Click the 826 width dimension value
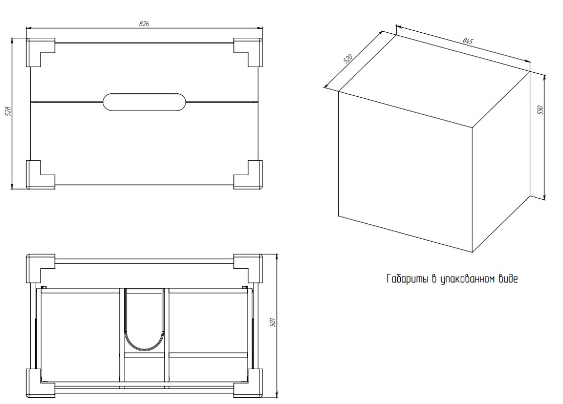click(144, 24)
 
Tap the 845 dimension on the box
click(467, 41)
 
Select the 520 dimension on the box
click(348, 58)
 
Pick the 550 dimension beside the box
click(541, 110)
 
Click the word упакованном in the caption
click(468, 280)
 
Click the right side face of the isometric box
click(501, 162)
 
